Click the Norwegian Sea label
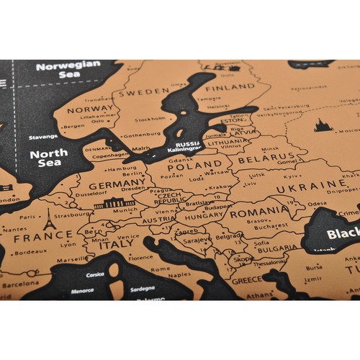point(68,68)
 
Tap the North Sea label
point(49,158)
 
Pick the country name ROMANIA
point(261,213)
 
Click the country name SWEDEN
point(143,92)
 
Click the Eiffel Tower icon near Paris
point(49,219)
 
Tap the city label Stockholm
point(150,120)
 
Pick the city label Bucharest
point(273,226)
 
